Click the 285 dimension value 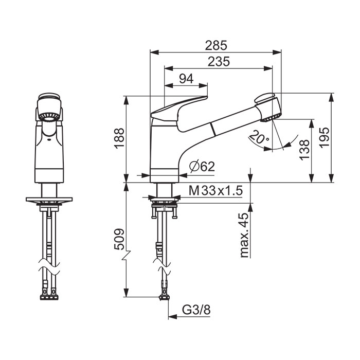click(x=216, y=45)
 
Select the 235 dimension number click(x=219, y=62)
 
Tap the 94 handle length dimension click(x=186, y=79)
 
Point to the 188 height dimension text click(x=119, y=138)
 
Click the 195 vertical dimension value click(x=325, y=138)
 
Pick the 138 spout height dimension click(x=304, y=150)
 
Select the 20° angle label click(x=259, y=137)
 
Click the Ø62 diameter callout click(x=202, y=167)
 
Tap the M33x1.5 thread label click(x=215, y=190)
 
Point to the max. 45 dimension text click(x=244, y=235)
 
